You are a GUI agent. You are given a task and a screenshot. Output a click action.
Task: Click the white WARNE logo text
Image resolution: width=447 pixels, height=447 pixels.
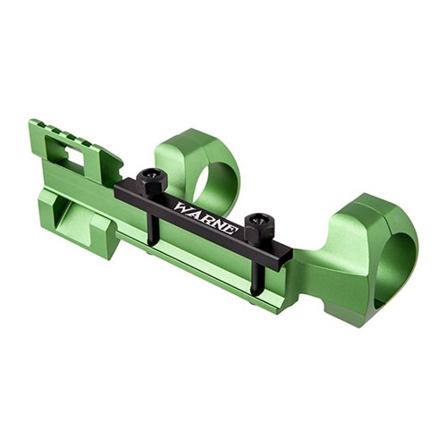point(207,218)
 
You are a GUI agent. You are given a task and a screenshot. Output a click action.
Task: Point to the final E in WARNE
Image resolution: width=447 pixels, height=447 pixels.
point(232,230)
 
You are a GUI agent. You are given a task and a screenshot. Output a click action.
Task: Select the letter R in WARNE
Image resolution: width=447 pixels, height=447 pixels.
point(207,218)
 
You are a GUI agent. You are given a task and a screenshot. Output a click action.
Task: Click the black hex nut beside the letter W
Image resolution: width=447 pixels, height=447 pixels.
point(152,181)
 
